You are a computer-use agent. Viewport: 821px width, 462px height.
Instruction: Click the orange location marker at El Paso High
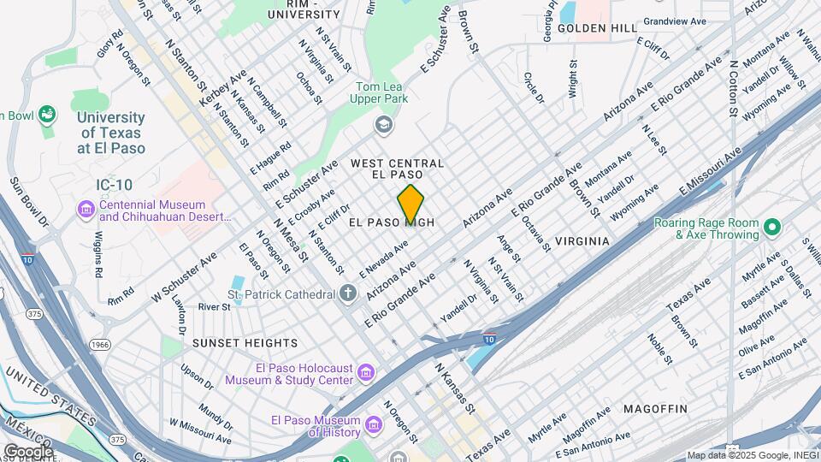click(410, 204)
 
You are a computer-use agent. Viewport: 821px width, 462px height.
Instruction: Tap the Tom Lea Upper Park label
click(383, 93)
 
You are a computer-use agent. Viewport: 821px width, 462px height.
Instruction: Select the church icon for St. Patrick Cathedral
click(347, 294)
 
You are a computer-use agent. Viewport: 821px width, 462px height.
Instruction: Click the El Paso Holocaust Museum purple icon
click(366, 373)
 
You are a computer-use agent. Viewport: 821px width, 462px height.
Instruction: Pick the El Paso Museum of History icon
click(374, 425)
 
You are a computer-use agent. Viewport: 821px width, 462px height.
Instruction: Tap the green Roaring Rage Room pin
click(772, 228)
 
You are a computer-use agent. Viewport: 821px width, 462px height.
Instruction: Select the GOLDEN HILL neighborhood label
click(597, 28)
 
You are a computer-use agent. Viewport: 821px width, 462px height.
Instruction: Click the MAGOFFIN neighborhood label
click(655, 409)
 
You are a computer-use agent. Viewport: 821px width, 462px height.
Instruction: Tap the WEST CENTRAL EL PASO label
click(398, 169)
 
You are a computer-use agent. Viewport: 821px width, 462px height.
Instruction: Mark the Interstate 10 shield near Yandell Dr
click(489, 339)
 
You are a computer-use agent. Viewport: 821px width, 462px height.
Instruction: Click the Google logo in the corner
click(28, 451)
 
